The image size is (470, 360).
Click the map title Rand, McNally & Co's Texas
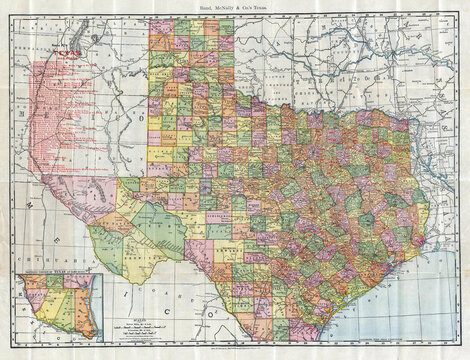236,7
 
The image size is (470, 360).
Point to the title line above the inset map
58,272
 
